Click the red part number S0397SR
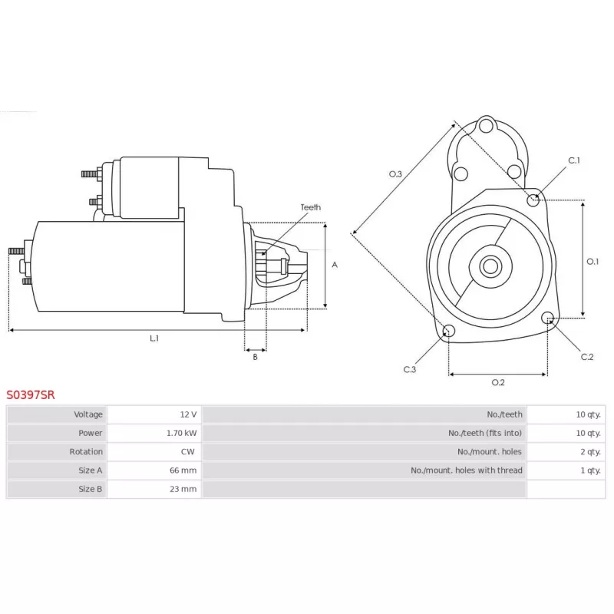[31, 394]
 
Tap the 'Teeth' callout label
[311, 207]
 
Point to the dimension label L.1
[154, 338]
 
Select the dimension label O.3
[395, 174]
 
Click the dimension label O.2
[498, 382]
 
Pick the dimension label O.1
[593, 261]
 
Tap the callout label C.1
[574, 160]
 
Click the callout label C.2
[587, 357]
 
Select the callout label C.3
[410, 369]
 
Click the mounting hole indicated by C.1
[533, 200]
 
